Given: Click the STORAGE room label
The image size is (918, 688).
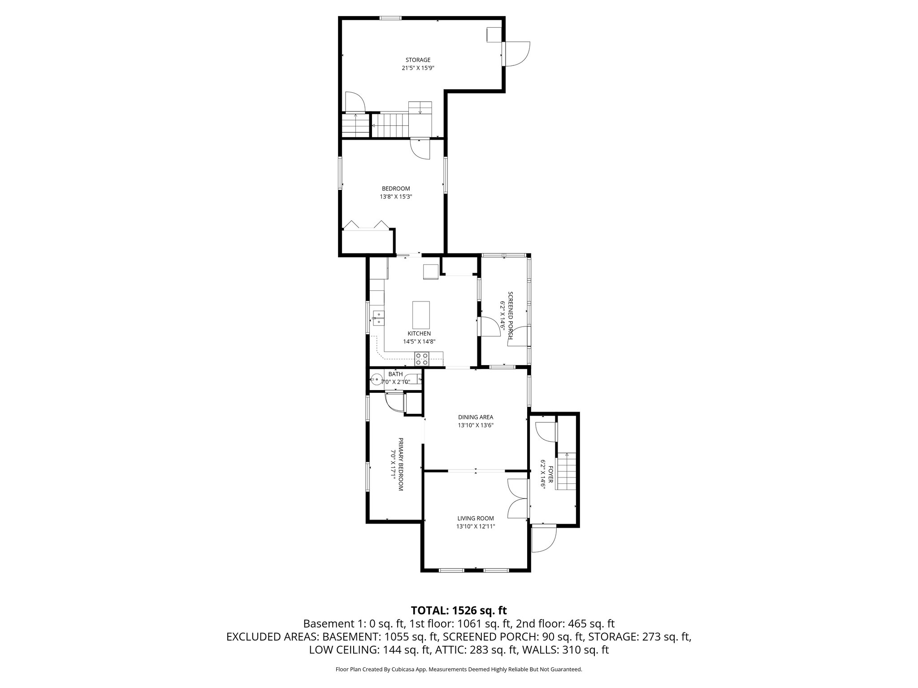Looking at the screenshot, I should [418, 60].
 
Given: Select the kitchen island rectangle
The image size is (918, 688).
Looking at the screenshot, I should [421, 315].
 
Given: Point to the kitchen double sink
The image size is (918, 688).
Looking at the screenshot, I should [378, 317].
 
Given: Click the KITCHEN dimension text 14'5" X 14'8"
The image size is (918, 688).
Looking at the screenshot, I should [419, 341].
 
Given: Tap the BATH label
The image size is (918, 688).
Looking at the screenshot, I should [395, 374].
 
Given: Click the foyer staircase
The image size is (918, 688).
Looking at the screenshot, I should [566, 471].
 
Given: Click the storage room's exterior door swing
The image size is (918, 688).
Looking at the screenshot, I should [517, 54].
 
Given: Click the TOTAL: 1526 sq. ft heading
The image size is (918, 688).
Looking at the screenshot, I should [459, 610].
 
